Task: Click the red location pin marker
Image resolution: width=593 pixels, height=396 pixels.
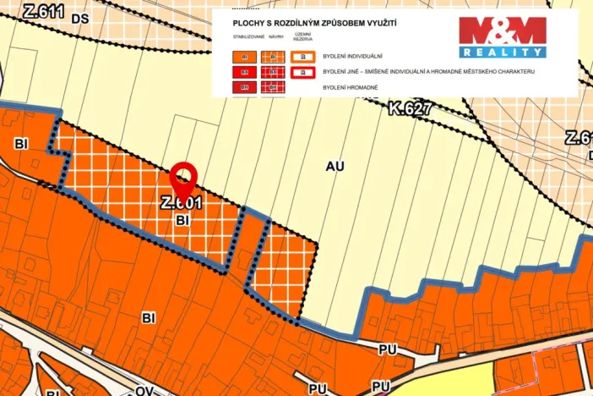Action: [x=183, y=179]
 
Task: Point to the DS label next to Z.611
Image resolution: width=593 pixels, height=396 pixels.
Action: [x=80, y=17]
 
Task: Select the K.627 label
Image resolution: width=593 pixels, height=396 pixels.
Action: [x=409, y=109]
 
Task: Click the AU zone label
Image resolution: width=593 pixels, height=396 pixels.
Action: [x=335, y=167]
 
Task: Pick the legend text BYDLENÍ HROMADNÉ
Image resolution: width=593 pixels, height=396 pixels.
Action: [x=350, y=87]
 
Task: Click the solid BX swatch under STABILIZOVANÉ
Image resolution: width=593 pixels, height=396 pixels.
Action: [x=245, y=73]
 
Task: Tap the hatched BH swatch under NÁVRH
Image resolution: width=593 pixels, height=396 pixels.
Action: [x=273, y=87]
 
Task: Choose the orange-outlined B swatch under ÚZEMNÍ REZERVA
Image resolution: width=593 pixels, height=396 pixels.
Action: [x=302, y=58]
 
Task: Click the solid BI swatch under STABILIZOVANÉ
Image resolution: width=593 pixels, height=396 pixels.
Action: [x=245, y=58]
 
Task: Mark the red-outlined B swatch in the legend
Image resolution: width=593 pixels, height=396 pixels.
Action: [x=302, y=73]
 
